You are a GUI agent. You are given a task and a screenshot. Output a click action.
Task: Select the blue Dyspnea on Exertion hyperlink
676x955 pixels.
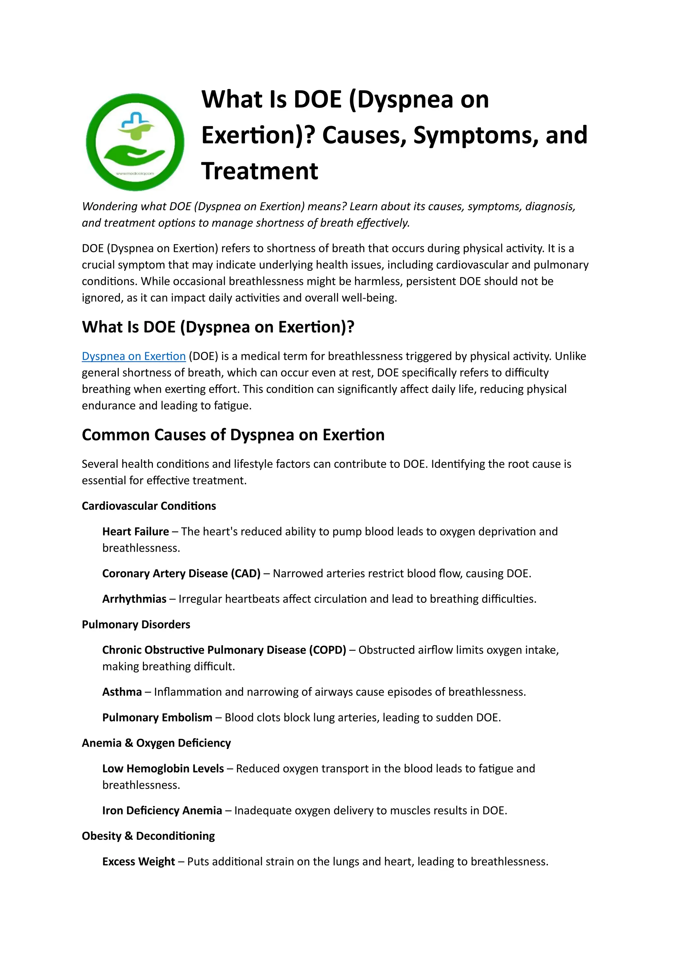click(134, 356)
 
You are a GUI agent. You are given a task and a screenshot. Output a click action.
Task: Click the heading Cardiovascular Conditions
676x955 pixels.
click(149, 506)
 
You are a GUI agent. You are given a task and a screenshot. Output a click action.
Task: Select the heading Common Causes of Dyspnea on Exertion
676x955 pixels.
click(233, 435)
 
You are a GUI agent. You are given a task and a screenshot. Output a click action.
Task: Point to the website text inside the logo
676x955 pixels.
click(135, 173)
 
